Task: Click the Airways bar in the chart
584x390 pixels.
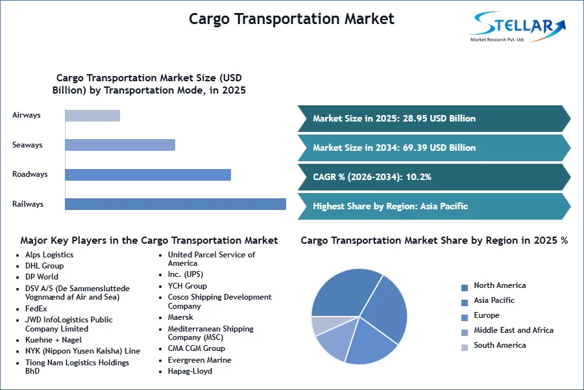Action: coord(92,116)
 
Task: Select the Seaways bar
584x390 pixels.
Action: coord(120,145)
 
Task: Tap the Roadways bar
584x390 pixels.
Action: coord(148,175)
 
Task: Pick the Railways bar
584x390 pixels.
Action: coord(175,204)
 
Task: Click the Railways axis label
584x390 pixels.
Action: coord(28,204)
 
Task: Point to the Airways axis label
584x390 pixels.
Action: coord(27,115)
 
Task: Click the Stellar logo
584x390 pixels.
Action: coord(518,26)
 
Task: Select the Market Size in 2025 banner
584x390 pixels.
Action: coord(434,119)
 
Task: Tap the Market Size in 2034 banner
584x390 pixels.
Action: coord(434,148)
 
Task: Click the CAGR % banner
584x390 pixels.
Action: coord(434,177)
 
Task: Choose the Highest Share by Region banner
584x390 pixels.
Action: coord(434,207)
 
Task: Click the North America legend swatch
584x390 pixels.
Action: coord(465,288)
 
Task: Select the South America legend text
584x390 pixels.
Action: coord(500,345)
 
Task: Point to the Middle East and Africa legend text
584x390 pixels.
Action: coord(514,330)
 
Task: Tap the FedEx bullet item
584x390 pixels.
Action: coord(36,309)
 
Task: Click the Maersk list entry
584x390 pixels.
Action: coord(180,317)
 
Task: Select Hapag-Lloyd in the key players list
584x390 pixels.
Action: coord(190,371)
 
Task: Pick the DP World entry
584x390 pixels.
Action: coord(42,277)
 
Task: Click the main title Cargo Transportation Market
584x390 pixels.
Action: coord(291,19)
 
